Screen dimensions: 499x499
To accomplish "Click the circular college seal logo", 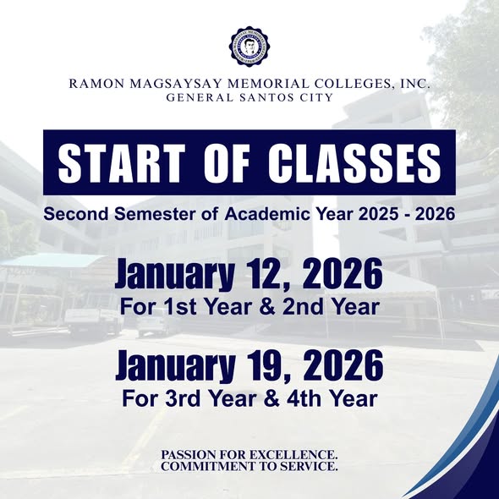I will (249, 47).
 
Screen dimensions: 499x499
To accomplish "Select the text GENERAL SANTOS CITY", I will (249, 98).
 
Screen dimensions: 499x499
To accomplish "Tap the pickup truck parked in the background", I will (93, 320).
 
